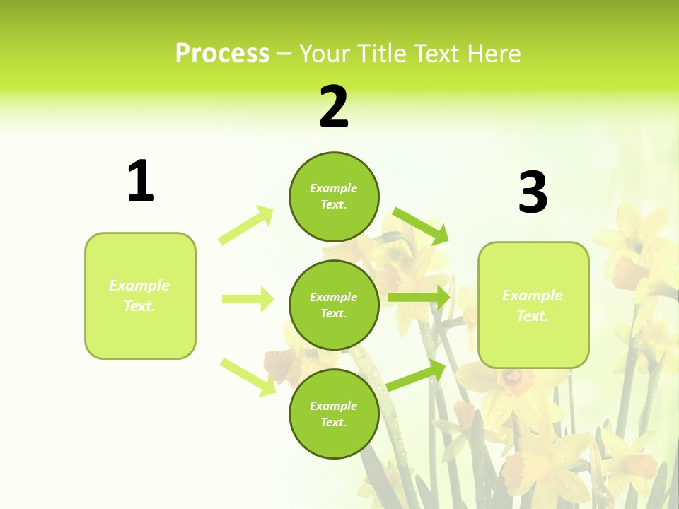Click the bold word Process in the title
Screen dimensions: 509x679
(x=222, y=54)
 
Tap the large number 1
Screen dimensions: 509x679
(x=141, y=181)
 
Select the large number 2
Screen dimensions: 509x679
(x=334, y=107)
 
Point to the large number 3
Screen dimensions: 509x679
(x=533, y=193)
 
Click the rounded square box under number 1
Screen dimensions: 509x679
(x=140, y=296)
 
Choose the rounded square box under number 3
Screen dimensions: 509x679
(x=533, y=305)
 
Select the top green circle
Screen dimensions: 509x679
(x=334, y=197)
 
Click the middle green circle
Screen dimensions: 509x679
(x=334, y=305)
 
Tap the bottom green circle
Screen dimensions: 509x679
(x=334, y=414)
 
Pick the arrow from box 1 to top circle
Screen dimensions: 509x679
(x=246, y=226)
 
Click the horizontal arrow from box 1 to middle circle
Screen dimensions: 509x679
(x=248, y=299)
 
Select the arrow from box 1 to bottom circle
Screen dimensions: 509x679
(x=248, y=377)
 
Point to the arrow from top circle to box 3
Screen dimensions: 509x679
(x=420, y=226)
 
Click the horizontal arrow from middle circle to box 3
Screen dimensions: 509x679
(x=419, y=298)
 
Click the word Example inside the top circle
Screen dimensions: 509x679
(x=334, y=188)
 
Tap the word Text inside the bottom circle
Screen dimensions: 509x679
(x=332, y=422)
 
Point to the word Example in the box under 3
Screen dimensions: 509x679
(x=533, y=296)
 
